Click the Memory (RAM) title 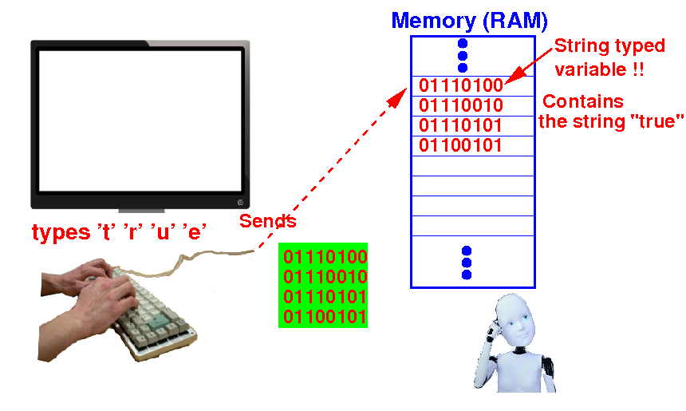tap(470, 21)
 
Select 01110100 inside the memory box tap(461, 85)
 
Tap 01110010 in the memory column tap(461, 105)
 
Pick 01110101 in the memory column tap(460, 125)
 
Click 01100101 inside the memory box tap(460, 146)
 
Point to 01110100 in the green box tap(325, 256)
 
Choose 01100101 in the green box tap(325, 317)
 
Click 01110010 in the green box tap(325, 277)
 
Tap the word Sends tap(268, 221)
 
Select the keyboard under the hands tap(153, 315)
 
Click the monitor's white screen tap(140, 121)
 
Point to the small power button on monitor tap(240, 202)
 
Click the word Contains tap(583, 101)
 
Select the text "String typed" tap(609, 46)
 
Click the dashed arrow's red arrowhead tap(398, 98)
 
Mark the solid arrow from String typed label tap(529, 65)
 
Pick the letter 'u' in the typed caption tap(164, 232)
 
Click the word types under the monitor tap(61, 233)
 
